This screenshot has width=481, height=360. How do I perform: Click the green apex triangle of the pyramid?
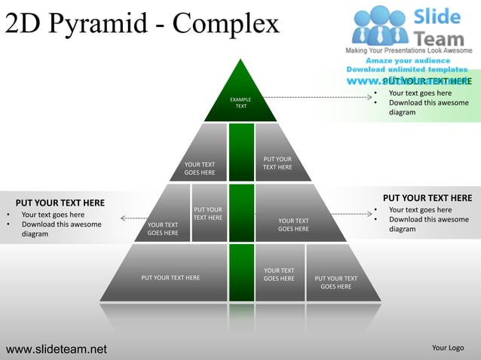pyautogui.click(x=241, y=94)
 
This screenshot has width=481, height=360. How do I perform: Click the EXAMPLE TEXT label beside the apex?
pyautogui.click(x=240, y=102)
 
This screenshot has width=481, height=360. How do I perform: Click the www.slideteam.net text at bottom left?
pyautogui.click(x=57, y=349)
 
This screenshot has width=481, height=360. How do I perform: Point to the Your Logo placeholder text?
pyautogui.click(x=448, y=348)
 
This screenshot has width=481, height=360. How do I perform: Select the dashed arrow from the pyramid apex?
pyautogui.click(x=317, y=97)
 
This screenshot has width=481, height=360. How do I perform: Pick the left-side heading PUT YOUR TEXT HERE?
pyautogui.click(x=60, y=203)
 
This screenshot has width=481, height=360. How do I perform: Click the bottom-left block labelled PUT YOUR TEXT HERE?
pyautogui.click(x=170, y=277)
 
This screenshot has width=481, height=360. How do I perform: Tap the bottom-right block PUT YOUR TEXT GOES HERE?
pyautogui.click(x=335, y=282)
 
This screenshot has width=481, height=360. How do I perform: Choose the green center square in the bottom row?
pyautogui.click(x=241, y=272)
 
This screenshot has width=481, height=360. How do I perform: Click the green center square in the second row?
pyautogui.click(x=241, y=152)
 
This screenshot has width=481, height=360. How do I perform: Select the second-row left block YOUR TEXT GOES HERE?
pyautogui.click(x=200, y=168)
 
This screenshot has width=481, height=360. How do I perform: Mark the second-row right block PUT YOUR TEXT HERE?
pyautogui.click(x=277, y=163)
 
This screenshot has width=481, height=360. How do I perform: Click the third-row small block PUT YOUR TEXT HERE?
pyautogui.click(x=208, y=214)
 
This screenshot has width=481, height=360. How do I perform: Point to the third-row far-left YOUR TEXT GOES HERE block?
pyautogui.click(x=163, y=228)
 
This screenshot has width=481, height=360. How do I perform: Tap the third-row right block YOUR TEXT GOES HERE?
pyautogui.click(x=293, y=224)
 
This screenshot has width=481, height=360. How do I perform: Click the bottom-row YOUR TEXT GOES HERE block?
pyautogui.click(x=279, y=274)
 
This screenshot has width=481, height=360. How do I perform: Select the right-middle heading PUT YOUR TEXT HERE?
pyautogui.click(x=427, y=198)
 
